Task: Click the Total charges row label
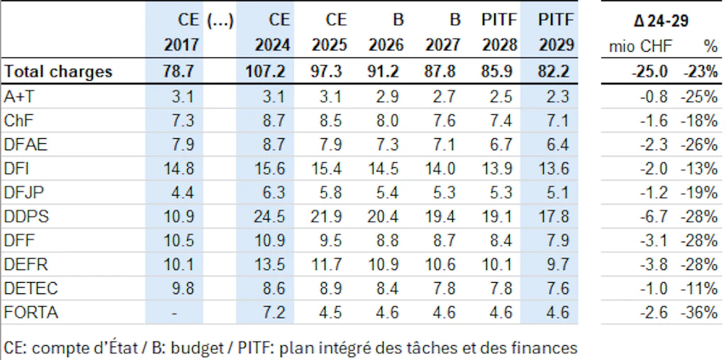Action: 58,72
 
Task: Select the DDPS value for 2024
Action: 272,217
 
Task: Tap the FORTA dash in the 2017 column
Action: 174,313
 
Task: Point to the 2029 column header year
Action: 556,45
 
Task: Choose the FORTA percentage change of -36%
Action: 698,313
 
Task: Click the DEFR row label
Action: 26,264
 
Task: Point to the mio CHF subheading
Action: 640,46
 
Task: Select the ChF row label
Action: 18,120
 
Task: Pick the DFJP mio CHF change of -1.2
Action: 654,193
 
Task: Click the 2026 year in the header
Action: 386,45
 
